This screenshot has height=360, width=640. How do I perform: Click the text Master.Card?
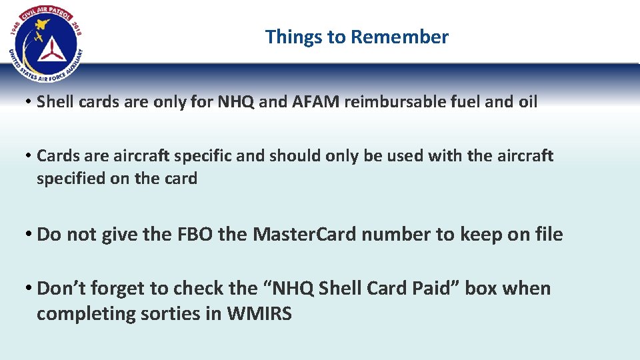coord(304,235)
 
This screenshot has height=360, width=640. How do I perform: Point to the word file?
coord(547,235)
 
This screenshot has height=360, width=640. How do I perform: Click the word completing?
coord(84,314)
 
